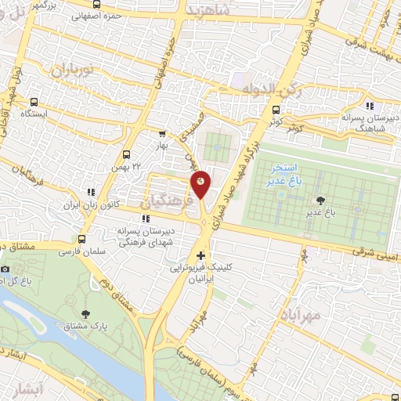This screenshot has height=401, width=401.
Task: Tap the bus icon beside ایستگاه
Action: pyautogui.click(x=34, y=102)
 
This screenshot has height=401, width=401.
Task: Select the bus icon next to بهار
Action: pyautogui.click(x=162, y=134)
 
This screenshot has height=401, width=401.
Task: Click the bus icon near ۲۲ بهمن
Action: pyautogui.click(x=127, y=155)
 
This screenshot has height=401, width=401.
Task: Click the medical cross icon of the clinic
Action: pyautogui.click(x=201, y=255)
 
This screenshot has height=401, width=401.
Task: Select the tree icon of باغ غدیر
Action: pyautogui.click(x=320, y=200)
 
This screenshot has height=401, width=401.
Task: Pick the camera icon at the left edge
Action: pyautogui.click(x=5, y=269)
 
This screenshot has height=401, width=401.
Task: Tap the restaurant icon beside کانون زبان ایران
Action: pyautogui.click(x=92, y=191)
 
